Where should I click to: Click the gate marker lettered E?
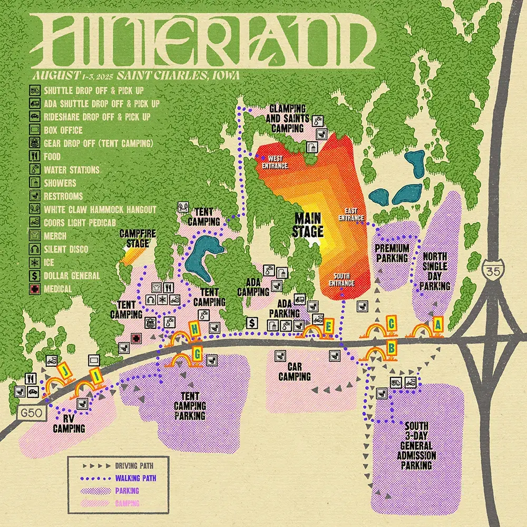[328, 326]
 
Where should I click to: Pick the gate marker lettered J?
[65, 370]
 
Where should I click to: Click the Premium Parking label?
[392, 252]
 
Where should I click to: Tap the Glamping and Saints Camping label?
[288, 117]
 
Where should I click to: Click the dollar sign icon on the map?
[252, 323]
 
